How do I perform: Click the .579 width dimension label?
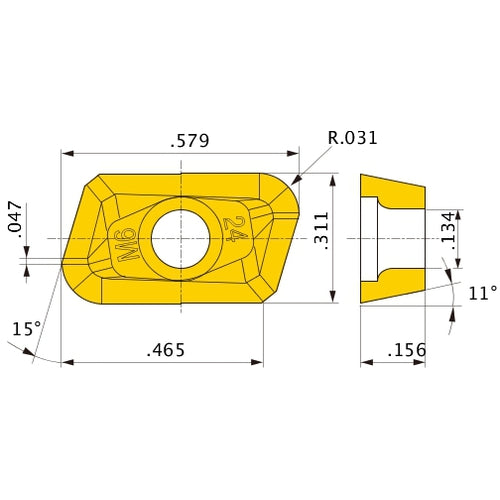coord(189,141)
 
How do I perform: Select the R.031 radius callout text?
coord(352,138)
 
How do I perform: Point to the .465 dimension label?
coord(166,350)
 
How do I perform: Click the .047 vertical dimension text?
coord(14,218)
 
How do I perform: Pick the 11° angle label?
coord(481,293)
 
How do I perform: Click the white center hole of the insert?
coord(180,239)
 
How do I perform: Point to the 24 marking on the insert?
coord(235,230)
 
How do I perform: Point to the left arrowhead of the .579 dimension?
coord(67,154)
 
